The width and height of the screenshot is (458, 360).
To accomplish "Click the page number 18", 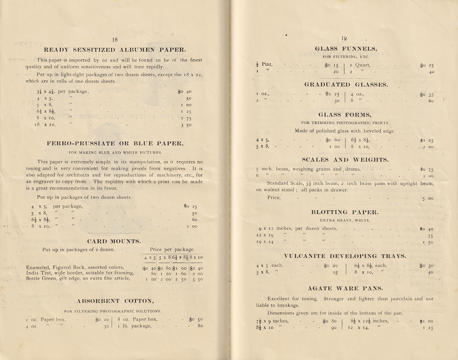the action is click(x=115, y=40).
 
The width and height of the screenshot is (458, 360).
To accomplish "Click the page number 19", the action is click(x=344, y=38).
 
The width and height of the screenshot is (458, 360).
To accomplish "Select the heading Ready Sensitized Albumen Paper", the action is click(x=115, y=50).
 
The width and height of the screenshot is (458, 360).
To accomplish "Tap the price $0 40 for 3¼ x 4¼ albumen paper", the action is click(x=184, y=92).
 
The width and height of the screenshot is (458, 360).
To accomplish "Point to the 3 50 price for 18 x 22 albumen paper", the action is click(x=186, y=125).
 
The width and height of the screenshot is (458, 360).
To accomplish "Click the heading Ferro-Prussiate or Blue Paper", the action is click(x=115, y=143).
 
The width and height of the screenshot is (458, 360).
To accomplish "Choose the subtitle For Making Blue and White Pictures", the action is click(x=115, y=153).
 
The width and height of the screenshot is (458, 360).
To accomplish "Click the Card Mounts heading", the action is click(x=114, y=241).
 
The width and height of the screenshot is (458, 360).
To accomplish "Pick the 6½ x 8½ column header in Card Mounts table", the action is click(x=180, y=257).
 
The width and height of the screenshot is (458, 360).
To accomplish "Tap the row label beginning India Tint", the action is click(x=80, y=273).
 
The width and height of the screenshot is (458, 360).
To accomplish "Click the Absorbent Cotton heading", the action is click(x=115, y=301).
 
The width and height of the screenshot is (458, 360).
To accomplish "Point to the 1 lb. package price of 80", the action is click(x=200, y=326).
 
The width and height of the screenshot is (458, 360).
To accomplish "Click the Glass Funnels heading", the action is click(x=346, y=49).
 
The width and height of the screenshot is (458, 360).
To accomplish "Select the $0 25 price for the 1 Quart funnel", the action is click(x=427, y=65).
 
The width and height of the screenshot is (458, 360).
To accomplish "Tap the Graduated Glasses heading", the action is click(x=346, y=85).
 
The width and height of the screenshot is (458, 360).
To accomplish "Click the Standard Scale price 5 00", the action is click(x=428, y=199).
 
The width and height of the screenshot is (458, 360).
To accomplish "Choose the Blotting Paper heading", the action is click(x=345, y=212).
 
